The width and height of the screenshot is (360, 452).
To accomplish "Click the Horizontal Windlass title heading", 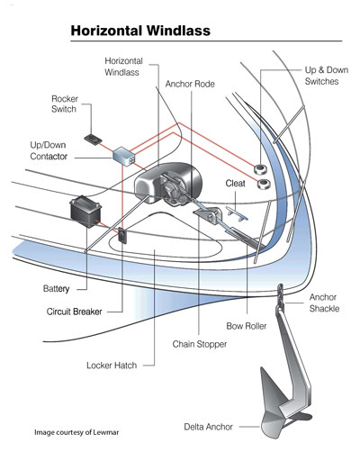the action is tap(140, 31).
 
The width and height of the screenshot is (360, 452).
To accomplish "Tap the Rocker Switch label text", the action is tap(65, 104).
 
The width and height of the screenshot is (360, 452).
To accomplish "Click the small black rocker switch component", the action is tap(93, 140).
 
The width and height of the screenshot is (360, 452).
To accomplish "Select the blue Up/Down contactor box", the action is tap(123, 155).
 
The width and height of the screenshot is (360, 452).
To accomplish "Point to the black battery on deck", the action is tap(85, 212).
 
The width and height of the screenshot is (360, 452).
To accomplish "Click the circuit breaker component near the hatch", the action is tap(122, 236).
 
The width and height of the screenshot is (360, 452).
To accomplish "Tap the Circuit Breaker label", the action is tap(75, 312).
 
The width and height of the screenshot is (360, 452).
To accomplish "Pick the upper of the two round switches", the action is tap(261, 169).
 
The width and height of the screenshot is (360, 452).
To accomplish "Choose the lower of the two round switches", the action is tap(264, 184).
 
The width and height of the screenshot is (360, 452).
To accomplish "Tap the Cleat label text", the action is tap(235, 183).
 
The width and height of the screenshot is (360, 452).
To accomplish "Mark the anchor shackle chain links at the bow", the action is tap(281, 295).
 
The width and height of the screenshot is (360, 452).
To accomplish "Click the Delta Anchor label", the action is tap(209, 427).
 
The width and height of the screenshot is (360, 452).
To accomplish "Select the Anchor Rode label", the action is tap(190, 84).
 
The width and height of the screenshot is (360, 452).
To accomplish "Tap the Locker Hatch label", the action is tap(112, 366).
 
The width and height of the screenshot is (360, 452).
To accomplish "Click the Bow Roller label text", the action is tap(247, 326).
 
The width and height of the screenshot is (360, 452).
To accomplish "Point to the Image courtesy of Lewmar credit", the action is tap(76, 432).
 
